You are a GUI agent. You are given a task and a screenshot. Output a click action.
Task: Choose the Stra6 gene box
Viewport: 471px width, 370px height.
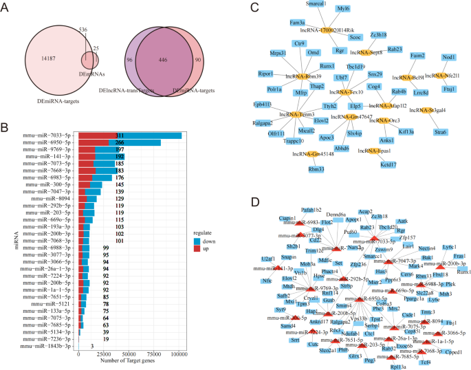(440, 131)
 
